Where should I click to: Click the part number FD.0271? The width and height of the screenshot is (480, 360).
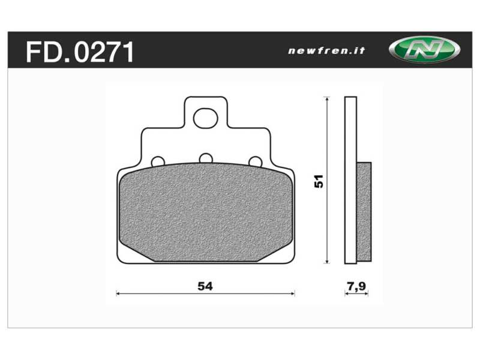click(80, 52)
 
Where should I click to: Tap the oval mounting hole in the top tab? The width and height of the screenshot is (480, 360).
click(205, 117)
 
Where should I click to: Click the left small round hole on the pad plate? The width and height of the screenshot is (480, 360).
click(158, 161)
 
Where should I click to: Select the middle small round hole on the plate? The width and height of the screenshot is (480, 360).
click(206, 158)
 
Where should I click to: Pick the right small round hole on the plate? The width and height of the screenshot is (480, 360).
click(255, 161)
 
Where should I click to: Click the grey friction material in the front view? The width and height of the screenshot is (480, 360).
click(205, 213)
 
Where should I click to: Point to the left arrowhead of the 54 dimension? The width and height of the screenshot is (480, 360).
click(118, 293)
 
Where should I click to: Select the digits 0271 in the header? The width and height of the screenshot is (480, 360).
click(105, 52)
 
